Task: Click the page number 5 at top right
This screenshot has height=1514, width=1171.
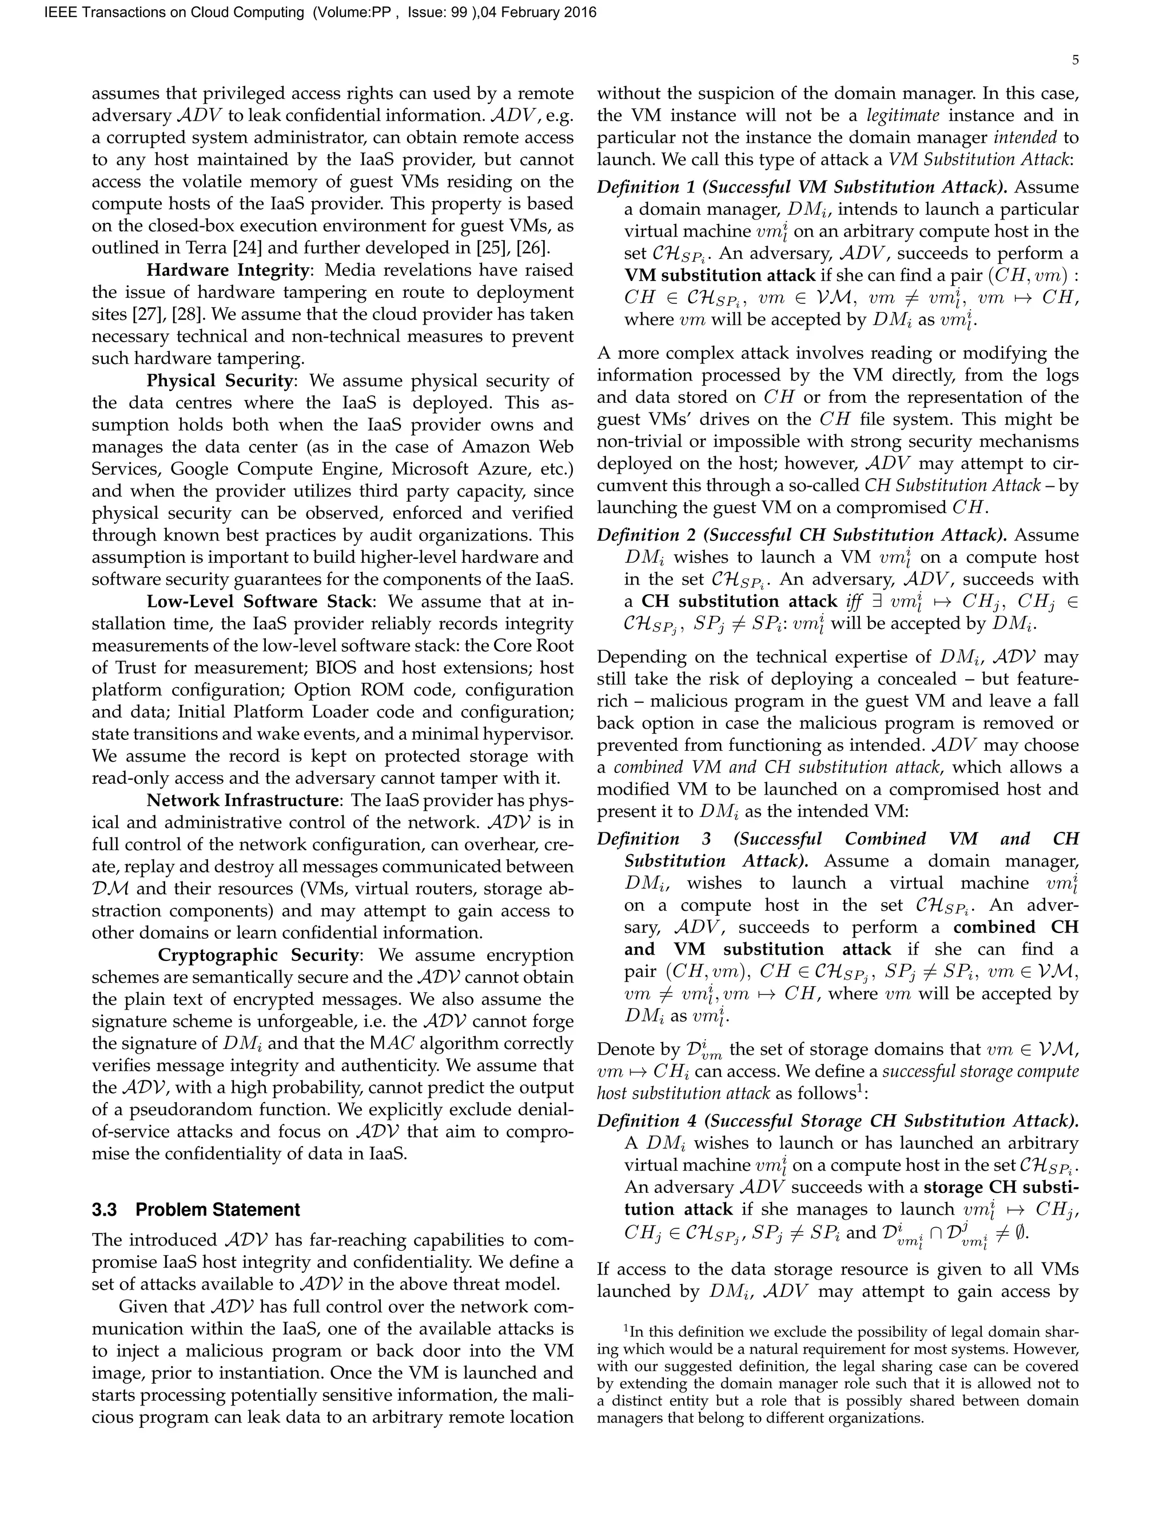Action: (x=1074, y=61)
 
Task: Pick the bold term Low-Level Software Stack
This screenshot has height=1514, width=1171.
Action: (x=260, y=602)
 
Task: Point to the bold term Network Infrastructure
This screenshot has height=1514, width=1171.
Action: (x=241, y=800)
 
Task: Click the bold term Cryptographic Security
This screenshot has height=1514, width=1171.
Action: (x=257, y=955)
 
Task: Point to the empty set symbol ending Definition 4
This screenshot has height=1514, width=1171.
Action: (x=1022, y=1234)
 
